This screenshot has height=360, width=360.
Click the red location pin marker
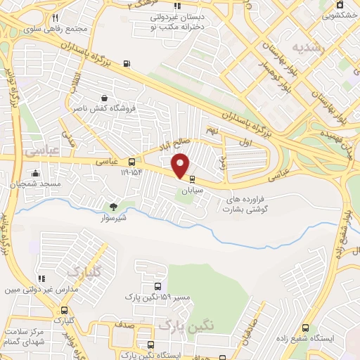181,165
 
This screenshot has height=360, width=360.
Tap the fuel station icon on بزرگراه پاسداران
126,63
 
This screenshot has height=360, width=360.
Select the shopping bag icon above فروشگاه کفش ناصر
105,98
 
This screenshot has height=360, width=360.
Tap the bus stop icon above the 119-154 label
131,162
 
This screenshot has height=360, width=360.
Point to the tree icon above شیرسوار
113,207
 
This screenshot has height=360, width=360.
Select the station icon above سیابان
193,179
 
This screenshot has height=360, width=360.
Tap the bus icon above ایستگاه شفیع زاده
305,328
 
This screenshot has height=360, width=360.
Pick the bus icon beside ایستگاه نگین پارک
151,345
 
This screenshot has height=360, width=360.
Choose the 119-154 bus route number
131,172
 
